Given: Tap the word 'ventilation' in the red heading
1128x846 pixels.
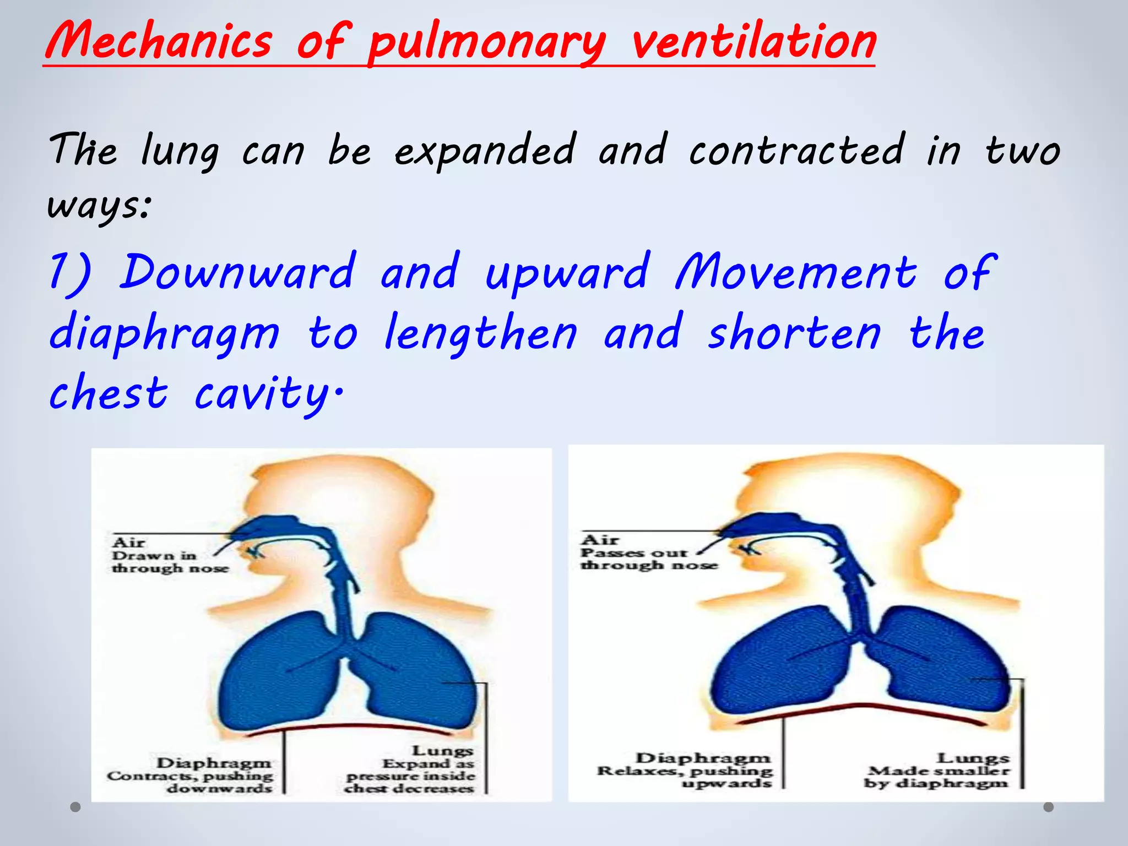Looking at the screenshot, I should coord(753,41).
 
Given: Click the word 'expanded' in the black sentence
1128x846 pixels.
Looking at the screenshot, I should coord(485,150).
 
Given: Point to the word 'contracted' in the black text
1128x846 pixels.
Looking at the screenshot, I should coord(796,150).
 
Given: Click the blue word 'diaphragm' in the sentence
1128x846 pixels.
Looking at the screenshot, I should coord(164,334).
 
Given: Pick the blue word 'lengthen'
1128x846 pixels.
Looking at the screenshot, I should coord(480,333).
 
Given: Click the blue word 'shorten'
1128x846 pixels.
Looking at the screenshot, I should coord(794,333).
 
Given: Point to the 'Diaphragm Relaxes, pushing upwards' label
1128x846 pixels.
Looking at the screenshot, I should coord(686,771).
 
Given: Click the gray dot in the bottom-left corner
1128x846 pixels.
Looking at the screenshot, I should coord(75,807).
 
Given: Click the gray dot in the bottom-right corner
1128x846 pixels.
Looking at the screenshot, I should coord(1049,807).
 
